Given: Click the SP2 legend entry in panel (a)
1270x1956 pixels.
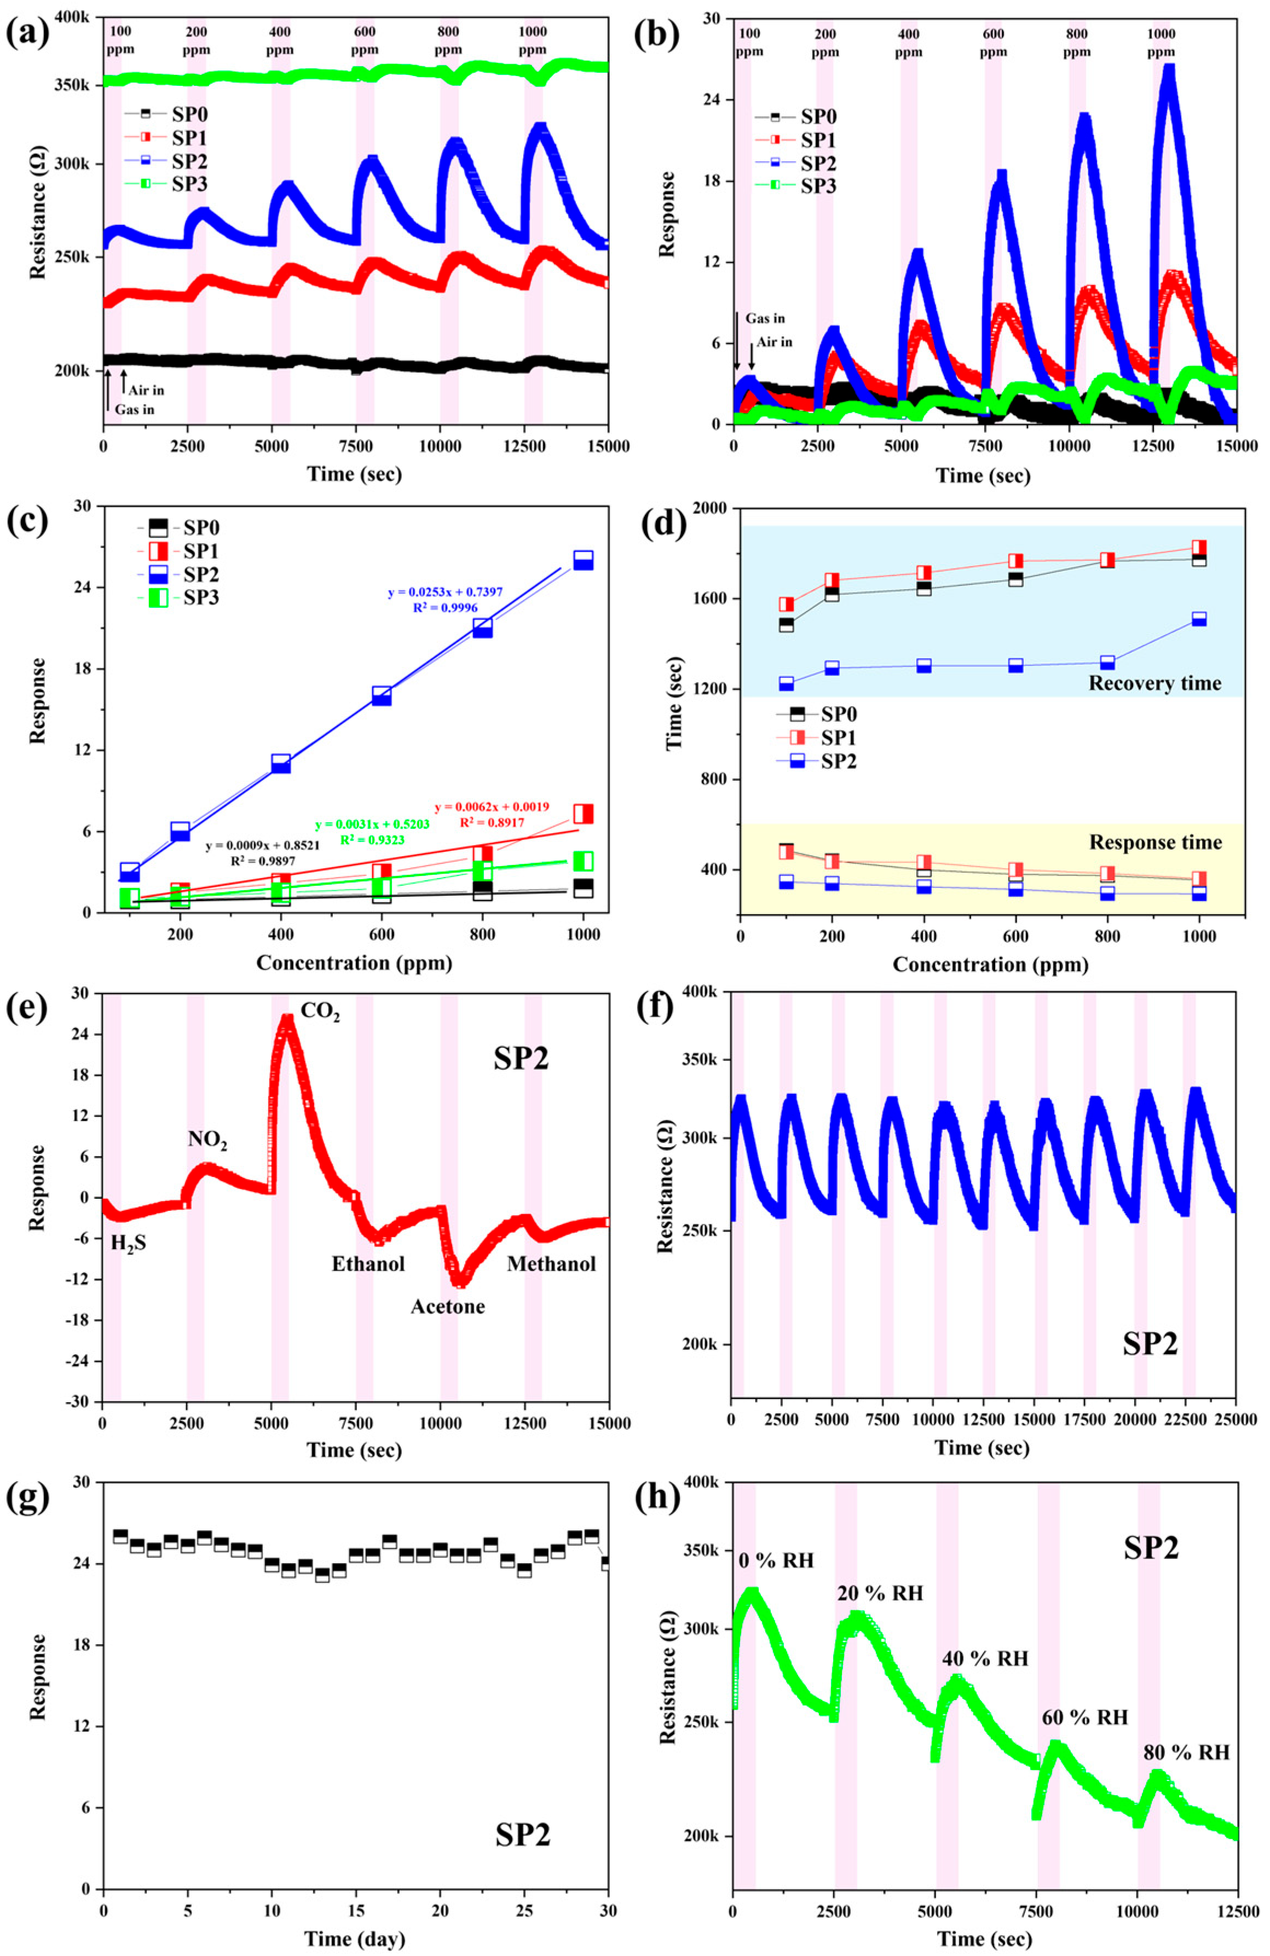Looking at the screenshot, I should tap(188, 160).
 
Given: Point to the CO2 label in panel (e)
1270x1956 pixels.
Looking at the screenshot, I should tap(320, 1012).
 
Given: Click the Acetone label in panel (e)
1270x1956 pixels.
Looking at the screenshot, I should tap(447, 1306).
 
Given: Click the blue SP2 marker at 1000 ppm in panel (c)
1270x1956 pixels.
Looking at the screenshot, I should tap(583, 560).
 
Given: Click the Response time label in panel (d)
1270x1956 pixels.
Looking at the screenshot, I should tap(1155, 843).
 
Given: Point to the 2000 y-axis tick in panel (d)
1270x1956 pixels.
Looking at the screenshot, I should tap(712, 509).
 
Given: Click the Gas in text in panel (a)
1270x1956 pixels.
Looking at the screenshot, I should tap(134, 409).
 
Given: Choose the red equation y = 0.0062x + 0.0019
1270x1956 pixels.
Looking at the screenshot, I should tap(492, 807).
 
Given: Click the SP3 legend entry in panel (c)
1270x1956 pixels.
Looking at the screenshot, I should tap(200, 597).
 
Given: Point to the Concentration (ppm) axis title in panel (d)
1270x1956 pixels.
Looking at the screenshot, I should tap(990, 965).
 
